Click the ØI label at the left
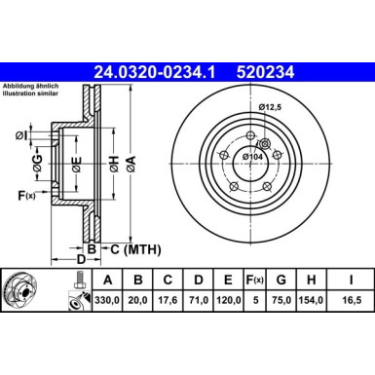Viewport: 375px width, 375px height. pos(21,135)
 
